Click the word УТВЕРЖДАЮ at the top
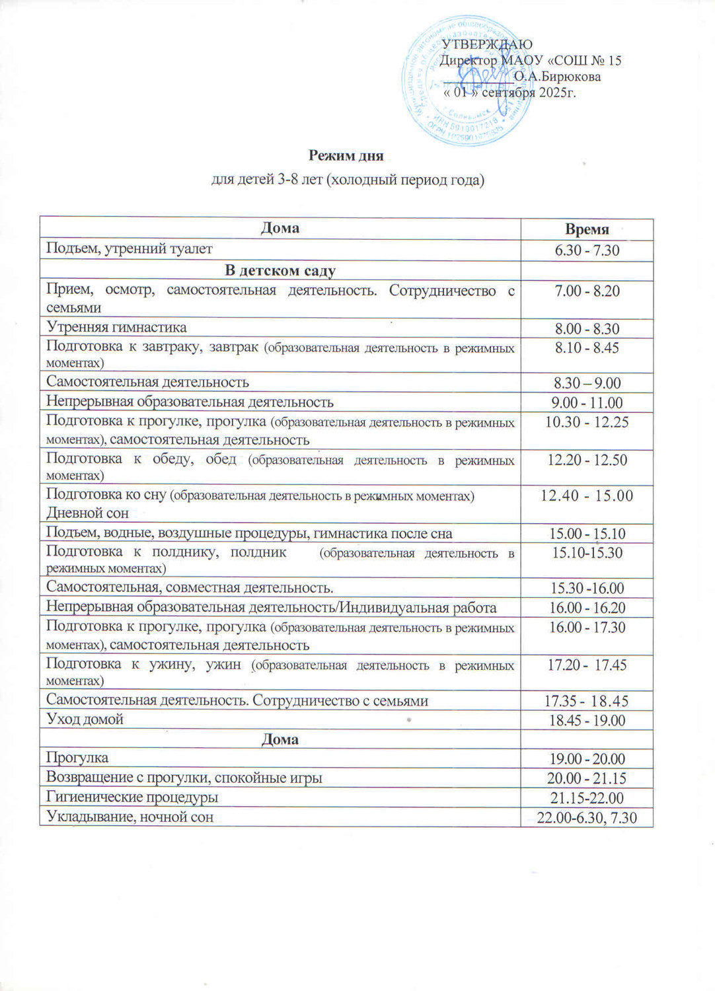[487, 44]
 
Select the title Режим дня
[346, 156]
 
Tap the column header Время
[587, 229]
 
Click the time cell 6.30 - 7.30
[587, 250]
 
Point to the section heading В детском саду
[280, 271]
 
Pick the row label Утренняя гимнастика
[116, 328]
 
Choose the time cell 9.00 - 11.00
[587, 403]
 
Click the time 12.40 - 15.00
[587, 495]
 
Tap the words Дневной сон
[87, 513]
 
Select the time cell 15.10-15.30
[587, 553]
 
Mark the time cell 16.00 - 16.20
[587, 608]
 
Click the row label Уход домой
[85, 719]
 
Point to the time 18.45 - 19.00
[587, 721]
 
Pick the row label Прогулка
[77, 758]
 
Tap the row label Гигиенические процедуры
[132, 797]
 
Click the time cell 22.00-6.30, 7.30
[587, 818]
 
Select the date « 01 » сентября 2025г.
[509, 92]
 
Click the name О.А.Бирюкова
[557, 77]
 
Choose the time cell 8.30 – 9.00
[587, 383]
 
